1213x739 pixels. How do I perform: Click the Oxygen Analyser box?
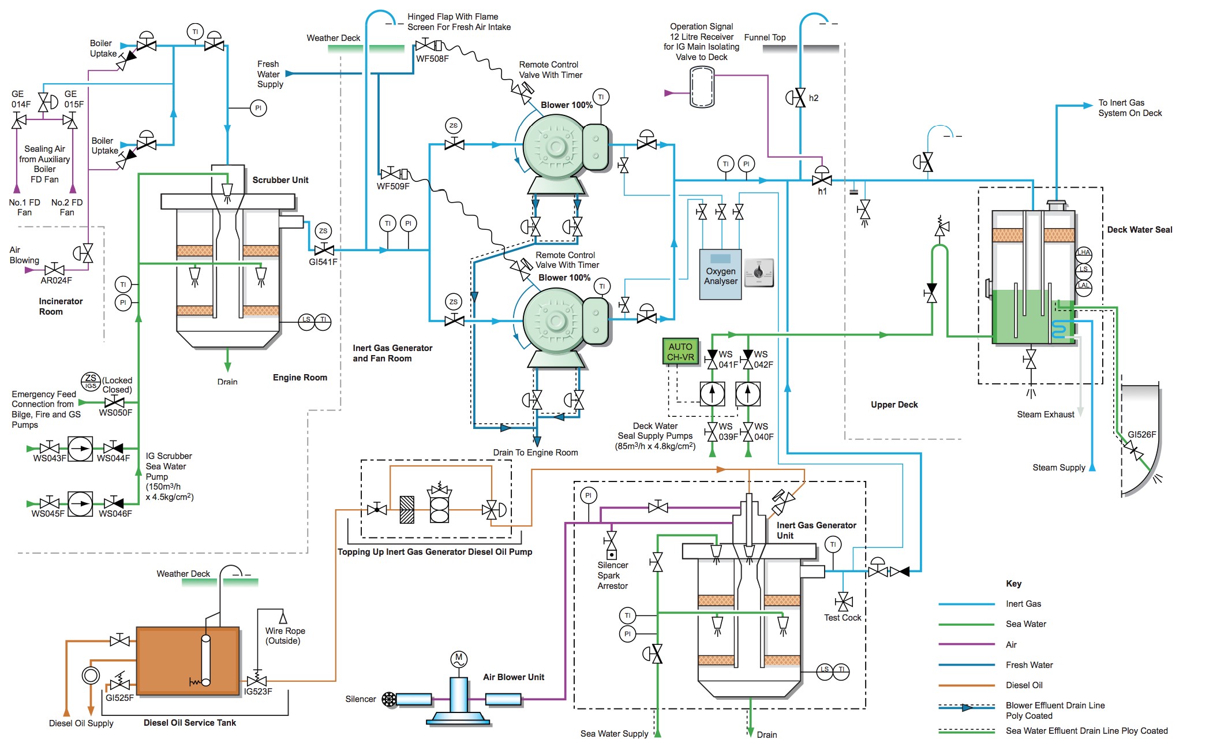(720, 274)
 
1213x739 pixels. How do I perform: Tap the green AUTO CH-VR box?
(680, 352)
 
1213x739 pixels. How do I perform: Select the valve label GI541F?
(323, 262)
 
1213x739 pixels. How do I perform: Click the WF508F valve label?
(432, 58)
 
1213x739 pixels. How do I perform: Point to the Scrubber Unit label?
(280, 180)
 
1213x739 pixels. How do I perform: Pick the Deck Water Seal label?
(1140, 230)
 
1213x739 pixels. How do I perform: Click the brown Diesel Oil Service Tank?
(188, 660)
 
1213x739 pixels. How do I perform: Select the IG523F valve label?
(258, 692)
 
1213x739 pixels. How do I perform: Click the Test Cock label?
(843, 618)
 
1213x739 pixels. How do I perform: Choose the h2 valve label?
(814, 98)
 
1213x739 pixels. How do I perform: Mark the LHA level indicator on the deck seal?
(1084, 252)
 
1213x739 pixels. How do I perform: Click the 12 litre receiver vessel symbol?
(702, 87)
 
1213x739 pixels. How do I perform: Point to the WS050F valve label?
(115, 413)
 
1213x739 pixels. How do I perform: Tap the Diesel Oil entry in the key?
(1024, 685)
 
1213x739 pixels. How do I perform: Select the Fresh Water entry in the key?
(1029, 665)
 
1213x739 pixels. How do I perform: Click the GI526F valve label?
(1142, 435)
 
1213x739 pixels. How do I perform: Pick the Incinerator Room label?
(61, 307)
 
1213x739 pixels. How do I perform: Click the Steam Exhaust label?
(1046, 415)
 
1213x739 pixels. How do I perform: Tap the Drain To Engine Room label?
(536, 453)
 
